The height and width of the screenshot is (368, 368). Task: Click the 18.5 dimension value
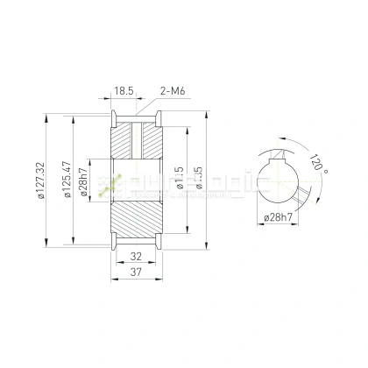pyautogui.click(x=123, y=90)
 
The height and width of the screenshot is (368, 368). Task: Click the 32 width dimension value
pyautogui.click(x=135, y=258)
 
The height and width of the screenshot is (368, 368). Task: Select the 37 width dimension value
pyautogui.click(x=135, y=273)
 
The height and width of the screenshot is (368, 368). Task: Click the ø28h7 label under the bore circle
pyautogui.click(x=279, y=216)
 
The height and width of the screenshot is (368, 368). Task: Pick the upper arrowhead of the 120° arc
pyautogui.click(x=281, y=135)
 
